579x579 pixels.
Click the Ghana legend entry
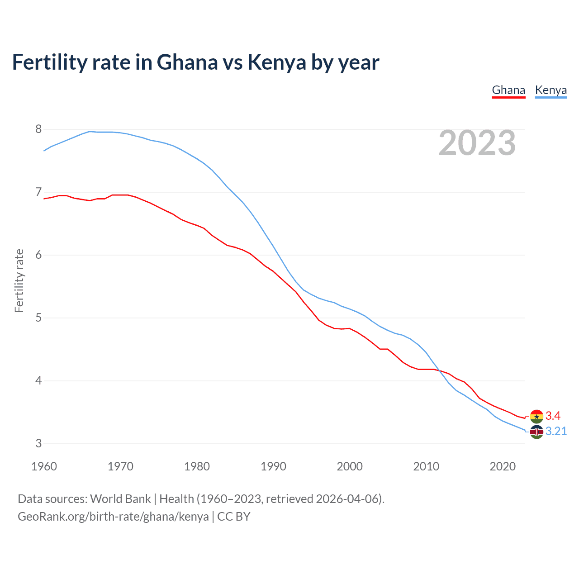tap(508, 90)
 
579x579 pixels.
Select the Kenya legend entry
tap(551, 90)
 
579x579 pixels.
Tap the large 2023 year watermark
tap(477, 143)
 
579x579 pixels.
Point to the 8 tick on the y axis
tap(38, 129)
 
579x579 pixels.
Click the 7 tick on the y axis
tap(38, 192)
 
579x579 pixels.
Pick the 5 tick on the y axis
tap(38, 318)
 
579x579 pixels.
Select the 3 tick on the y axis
tap(38, 444)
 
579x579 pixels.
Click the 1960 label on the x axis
tap(44, 466)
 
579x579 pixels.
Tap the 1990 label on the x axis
tap(273, 466)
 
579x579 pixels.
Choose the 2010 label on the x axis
tap(426, 466)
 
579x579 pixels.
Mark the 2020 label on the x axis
tap(503, 466)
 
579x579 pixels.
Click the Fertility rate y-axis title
tap(19, 280)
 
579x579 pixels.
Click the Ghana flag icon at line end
tap(536, 416)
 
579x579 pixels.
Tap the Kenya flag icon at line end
tap(536, 432)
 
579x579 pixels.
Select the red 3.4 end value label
tap(553, 416)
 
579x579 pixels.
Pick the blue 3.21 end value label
tap(556, 432)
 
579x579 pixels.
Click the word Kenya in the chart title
tap(277, 62)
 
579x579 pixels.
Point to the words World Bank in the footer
tap(120, 499)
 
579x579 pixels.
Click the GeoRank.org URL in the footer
tap(113, 517)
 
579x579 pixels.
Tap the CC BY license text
tap(234, 517)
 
